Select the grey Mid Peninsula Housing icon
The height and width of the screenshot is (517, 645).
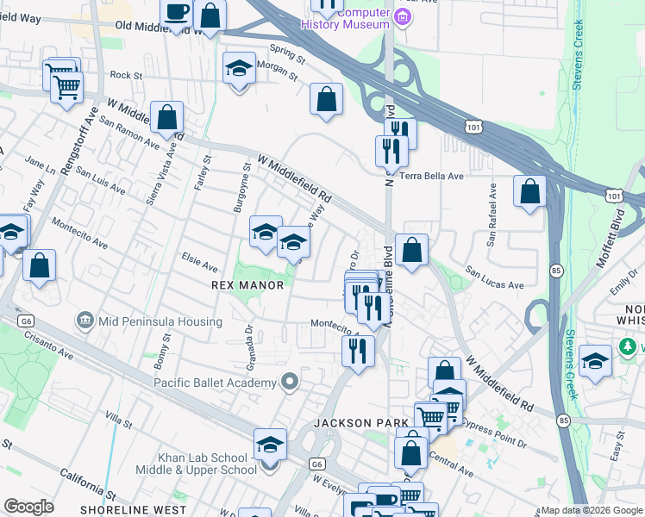(x=85, y=321)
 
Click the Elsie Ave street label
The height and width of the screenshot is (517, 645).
(x=198, y=257)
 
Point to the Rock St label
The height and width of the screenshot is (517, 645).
(x=125, y=76)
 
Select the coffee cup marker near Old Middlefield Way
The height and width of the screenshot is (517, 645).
(x=177, y=13)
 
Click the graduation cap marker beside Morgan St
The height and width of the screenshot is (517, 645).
(x=239, y=70)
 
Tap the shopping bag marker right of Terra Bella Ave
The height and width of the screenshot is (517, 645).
(x=529, y=191)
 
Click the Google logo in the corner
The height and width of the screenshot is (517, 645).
(x=29, y=507)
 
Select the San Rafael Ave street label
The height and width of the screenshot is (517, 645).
(x=492, y=215)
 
